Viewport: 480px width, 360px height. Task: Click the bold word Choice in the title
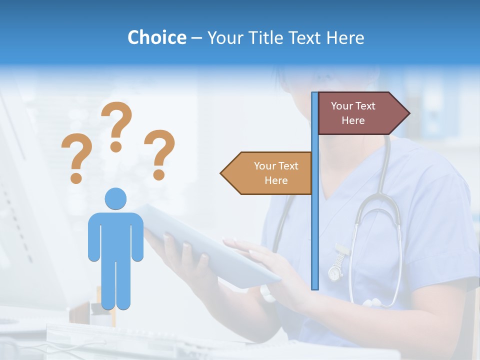tap(156, 37)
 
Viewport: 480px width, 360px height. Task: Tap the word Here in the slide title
tap(345, 37)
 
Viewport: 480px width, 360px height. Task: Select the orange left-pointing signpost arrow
tap(270, 173)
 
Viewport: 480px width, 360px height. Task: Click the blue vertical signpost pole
tap(315, 225)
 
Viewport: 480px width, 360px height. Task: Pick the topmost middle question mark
tap(117, 125)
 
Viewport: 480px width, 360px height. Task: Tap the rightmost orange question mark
tap(160, 152)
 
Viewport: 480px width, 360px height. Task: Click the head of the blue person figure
tap(115, 198)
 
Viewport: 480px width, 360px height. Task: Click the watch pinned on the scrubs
tap(334, 272)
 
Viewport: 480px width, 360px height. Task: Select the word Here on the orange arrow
tap(276, 180)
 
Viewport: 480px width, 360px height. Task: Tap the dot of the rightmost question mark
tap(159, 175)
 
